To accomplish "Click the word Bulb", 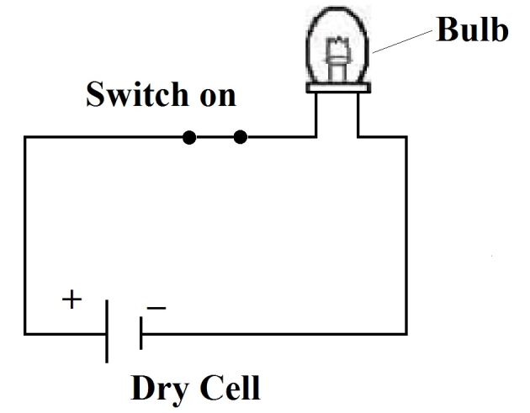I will click(x=472, y=30).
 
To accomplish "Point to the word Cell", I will click(x=230, y=389).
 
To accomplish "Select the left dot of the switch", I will click(x=190, y=136).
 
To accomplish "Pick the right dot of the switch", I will click(x=240, y=136).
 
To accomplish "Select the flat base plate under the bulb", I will click(x=337, y=86).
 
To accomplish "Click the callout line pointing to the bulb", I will click(x=404, y=40).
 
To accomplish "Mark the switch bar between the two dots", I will click(x=215, y=136).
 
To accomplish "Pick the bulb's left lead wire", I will click(x=316, y=114).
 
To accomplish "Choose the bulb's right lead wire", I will click(x=359, y=114).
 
